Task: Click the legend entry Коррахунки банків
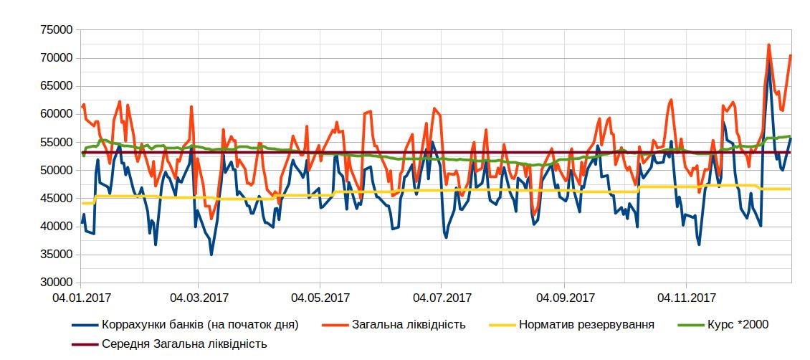tap(200, 325)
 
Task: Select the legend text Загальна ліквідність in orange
tap(409, 325)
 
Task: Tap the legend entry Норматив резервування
tap(585, 325)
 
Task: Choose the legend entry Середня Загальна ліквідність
tap(184, 344)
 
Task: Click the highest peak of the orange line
tap(768, 44)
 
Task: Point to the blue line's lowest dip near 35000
tap(211, 255)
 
